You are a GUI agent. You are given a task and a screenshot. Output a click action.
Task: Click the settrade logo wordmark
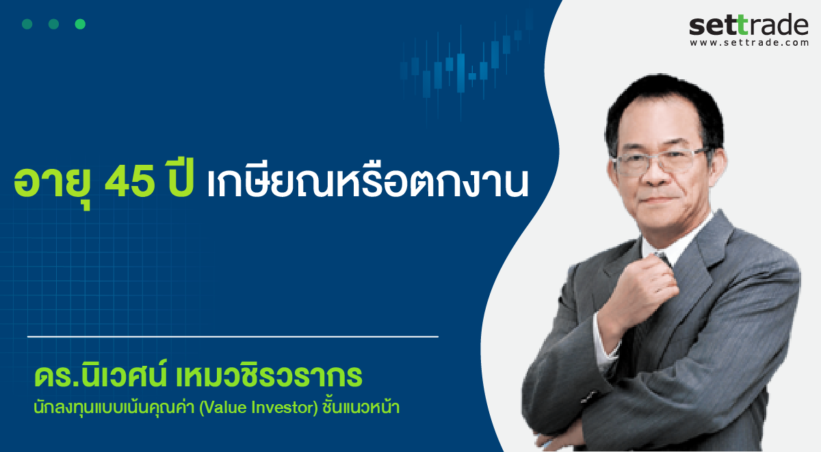click(748, 25)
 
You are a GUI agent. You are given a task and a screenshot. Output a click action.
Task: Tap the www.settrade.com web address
click(748, 43)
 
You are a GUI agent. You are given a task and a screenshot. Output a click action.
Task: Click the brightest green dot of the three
click(80, 24)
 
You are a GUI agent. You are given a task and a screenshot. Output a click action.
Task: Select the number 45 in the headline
click(130, 183)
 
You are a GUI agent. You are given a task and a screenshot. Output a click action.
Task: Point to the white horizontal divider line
click(233, 336)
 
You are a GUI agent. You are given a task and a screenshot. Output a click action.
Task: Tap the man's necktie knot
click(663, 258)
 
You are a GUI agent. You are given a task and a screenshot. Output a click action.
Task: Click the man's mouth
click(659, 200)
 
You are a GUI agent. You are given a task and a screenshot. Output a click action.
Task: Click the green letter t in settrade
click(742, 25)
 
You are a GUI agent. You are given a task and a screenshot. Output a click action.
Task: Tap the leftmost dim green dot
click(27, 24)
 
